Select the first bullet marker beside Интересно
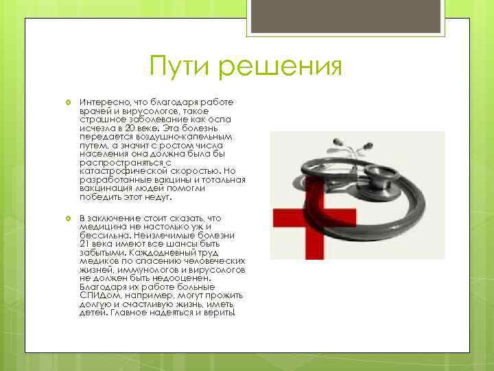click(69, 102)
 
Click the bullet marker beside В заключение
click(69, 218)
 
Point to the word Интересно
click(103, 102)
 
